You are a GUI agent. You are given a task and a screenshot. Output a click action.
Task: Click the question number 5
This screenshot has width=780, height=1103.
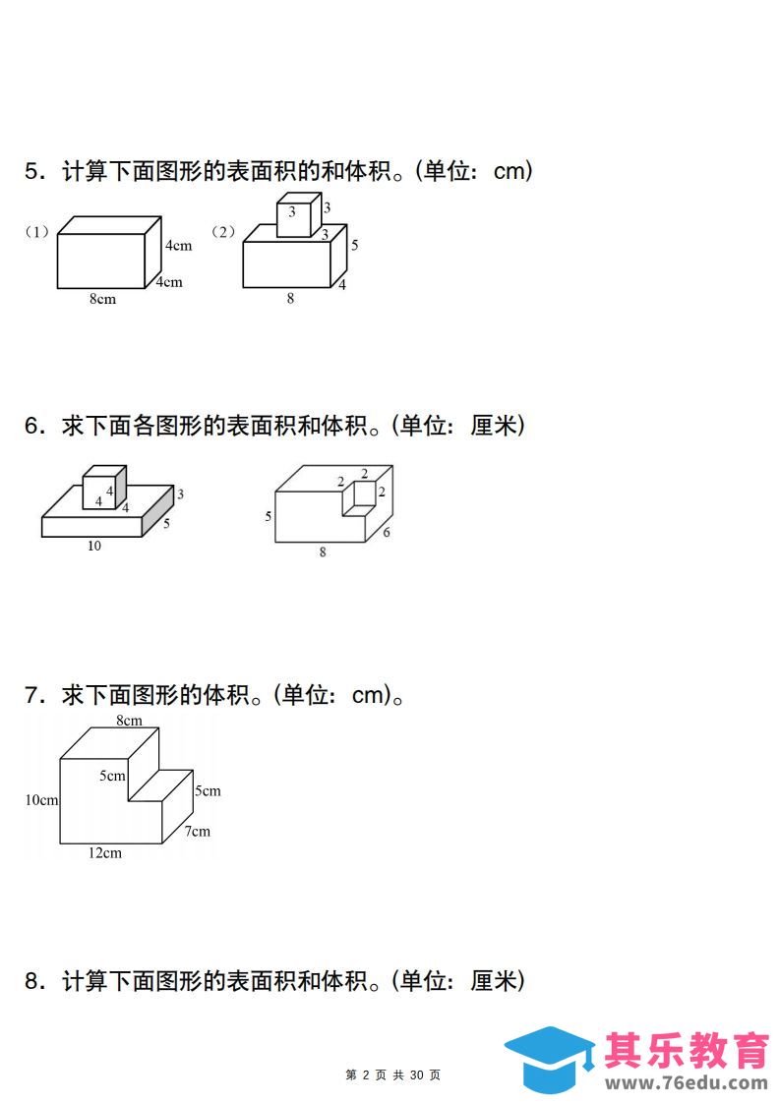(34, 171)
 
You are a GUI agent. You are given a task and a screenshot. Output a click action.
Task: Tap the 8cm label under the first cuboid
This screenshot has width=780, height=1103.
(102, 299)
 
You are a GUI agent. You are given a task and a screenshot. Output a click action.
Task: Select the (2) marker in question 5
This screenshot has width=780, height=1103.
(223, 231)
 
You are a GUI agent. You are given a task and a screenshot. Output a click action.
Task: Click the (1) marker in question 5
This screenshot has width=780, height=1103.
(36, 231)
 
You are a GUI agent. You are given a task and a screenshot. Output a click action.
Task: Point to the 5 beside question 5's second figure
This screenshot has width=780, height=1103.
(355, 245)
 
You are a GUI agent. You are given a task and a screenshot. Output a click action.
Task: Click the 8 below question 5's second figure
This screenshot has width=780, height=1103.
(290, 298)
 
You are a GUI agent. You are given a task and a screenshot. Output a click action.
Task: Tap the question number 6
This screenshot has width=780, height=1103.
(34, 426)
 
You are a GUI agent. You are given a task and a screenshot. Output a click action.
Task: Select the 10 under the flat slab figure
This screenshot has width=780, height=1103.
(94, 546)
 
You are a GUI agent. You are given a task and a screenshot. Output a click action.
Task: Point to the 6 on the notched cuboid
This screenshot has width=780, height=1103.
(386, 533)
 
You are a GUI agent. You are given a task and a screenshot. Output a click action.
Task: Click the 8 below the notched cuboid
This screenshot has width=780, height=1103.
(323, 552)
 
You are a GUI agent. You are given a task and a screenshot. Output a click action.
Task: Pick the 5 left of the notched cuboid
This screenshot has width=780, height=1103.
(269, 516)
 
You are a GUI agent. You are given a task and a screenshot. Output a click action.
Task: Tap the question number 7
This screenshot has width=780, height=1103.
(34, 695)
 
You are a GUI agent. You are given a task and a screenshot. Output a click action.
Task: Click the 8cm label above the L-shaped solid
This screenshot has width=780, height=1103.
(130, 721)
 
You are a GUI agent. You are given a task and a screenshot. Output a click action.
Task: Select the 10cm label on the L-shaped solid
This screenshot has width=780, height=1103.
(41, 800)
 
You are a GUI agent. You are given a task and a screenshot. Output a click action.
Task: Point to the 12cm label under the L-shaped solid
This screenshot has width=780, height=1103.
(105, 853)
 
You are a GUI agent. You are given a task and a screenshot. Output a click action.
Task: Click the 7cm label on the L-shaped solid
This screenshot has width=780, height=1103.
(198, 832)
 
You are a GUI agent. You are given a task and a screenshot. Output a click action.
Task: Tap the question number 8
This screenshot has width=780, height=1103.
(34, 980)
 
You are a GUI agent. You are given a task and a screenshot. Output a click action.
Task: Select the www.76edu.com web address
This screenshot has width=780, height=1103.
(687, 1083)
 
